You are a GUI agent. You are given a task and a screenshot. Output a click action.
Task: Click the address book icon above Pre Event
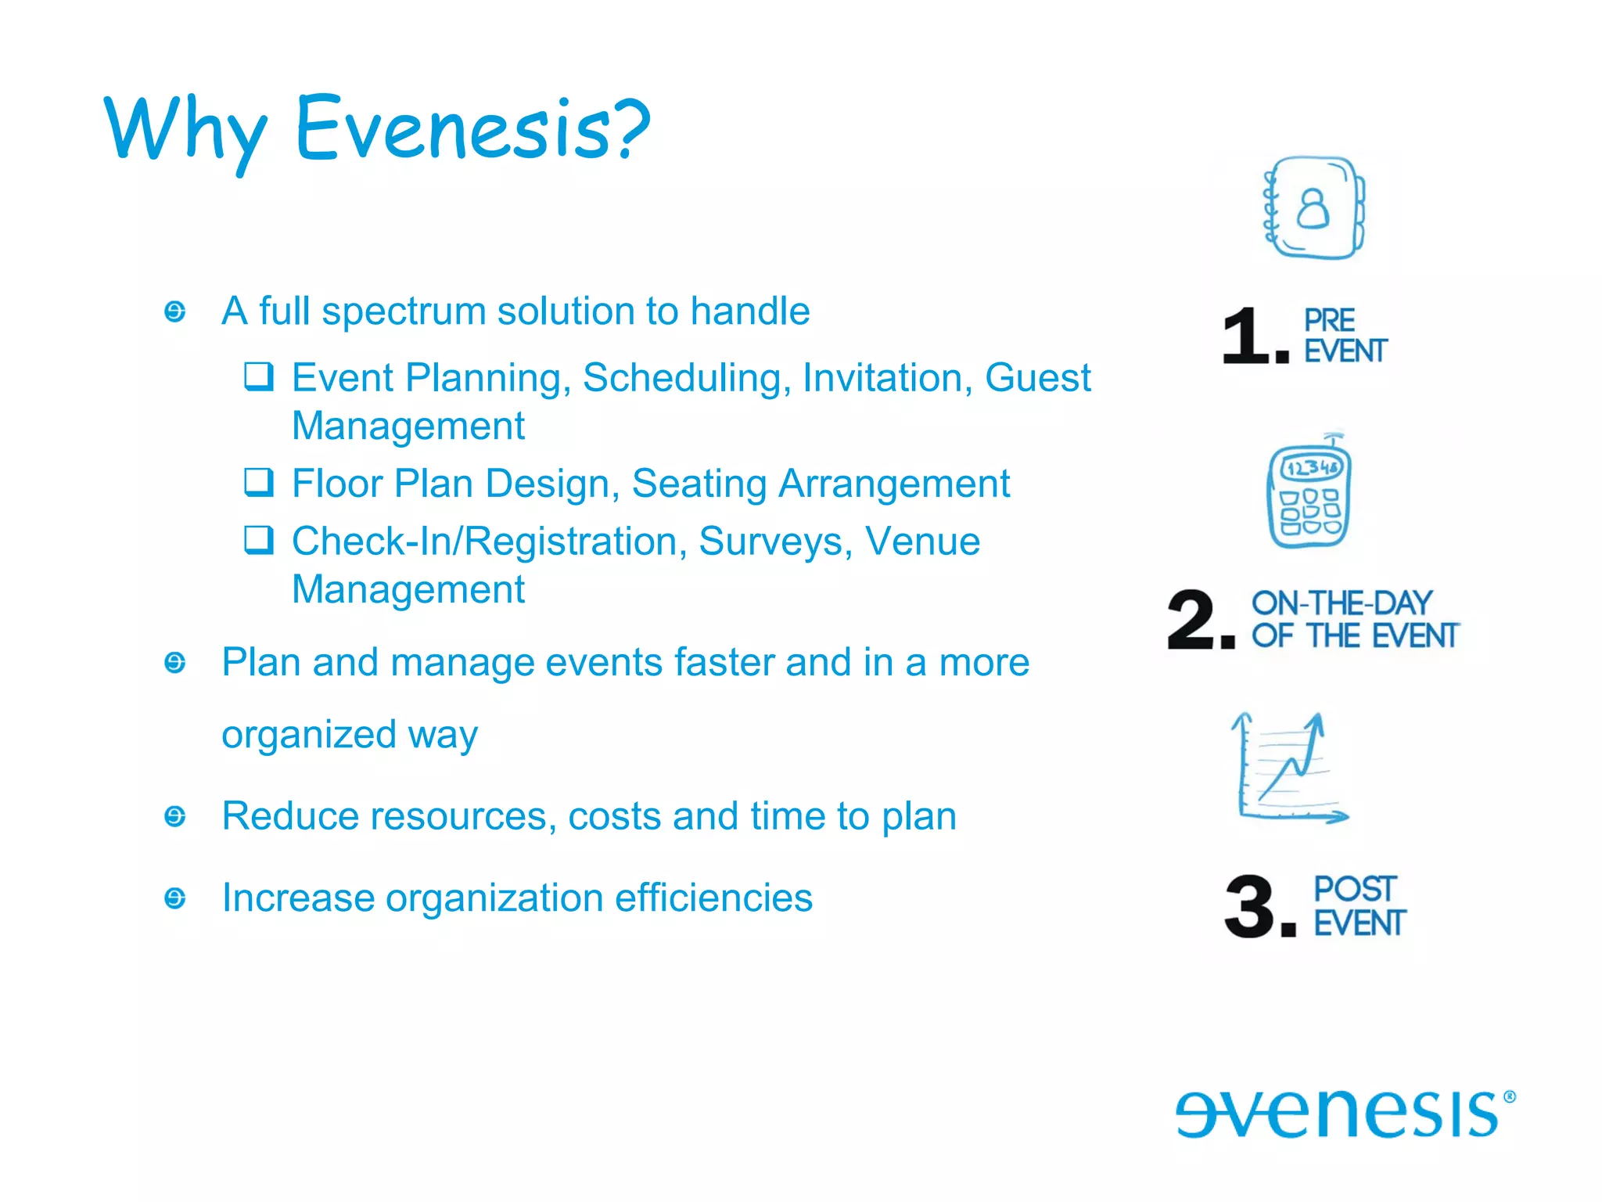pyautogui.click(x=1313, y=208)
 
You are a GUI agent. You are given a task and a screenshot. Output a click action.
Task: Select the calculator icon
pyautogui.click(x=1309, y=493)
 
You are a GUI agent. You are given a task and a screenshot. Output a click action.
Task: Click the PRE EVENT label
pyautogui.click(x=1344, y=336)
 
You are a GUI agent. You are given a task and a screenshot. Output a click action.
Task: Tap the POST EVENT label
pyautogui.click(x=1359, y=906)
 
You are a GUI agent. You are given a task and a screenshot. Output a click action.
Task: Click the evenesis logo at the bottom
pyautogui.click(x=1344, y=1113)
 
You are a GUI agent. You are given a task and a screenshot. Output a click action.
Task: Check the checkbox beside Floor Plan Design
pyautogui.click(x=258, y=482)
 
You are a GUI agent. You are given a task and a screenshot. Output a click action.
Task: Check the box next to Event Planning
pyautogui.click(x=258, y=376)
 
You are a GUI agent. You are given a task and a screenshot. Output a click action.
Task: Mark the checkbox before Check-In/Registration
pyautogui.click(x=258, y=540)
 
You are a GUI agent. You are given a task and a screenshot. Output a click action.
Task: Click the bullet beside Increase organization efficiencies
pyautogui.click(x=175, y=898)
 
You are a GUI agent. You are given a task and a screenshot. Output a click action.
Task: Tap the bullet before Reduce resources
pyautogui.click(x=175, y=816)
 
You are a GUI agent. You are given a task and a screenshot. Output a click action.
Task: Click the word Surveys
pyautogui.click(x=775, y=542)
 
